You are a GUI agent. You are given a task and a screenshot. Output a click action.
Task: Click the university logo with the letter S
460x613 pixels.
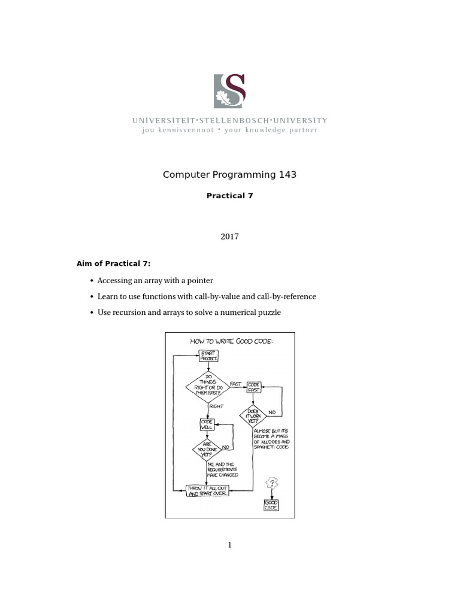[x=229, y=90]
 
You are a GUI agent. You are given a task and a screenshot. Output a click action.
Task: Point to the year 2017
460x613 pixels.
[x=229, y=236]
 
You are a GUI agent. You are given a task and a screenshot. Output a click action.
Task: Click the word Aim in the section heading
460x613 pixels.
[x=84, y=264]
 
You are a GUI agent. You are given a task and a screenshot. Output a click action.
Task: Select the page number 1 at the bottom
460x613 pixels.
[x=229, y=545]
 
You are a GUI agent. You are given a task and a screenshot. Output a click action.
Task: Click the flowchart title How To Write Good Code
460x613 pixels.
[x=231, y=341]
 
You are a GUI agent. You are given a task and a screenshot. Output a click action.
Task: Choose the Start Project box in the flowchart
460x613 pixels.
[x=208, y=356]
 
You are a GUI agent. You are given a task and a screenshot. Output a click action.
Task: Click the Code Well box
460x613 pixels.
[x=207, y=424]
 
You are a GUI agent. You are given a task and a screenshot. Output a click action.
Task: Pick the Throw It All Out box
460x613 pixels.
[x=208, y=491]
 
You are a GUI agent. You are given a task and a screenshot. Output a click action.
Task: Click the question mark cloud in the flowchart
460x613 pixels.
[x=272, y=483]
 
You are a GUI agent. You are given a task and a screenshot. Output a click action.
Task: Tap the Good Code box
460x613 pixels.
[x=271, y=505]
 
